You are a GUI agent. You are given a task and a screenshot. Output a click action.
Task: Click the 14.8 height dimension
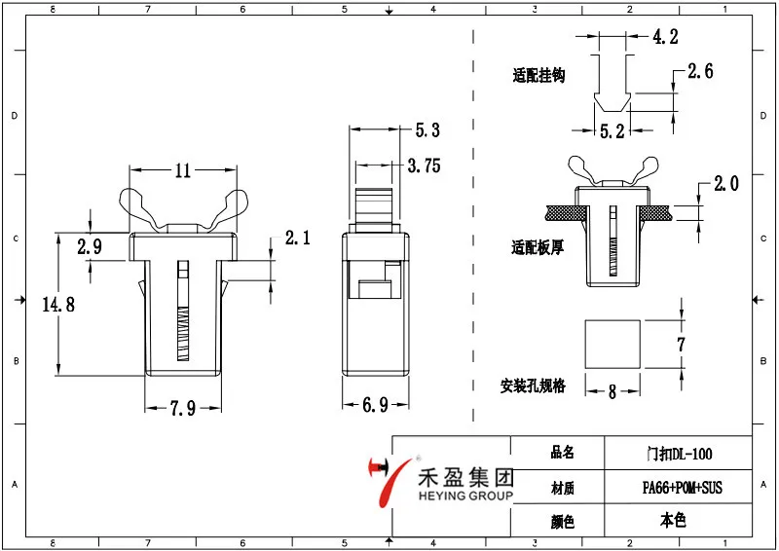(57, 305)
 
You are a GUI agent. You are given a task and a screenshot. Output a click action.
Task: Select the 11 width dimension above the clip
(182, 170)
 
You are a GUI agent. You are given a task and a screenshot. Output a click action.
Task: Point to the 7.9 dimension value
(181, 409)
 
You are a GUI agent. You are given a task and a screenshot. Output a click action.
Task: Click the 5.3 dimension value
(427, 129)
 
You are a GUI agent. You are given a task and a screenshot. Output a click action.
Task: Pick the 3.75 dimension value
(424, 166)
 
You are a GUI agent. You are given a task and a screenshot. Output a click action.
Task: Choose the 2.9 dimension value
(90, 246)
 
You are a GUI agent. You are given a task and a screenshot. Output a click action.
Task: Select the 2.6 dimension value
(700, 71)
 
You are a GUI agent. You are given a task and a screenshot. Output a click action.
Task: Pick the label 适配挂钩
(539, 75)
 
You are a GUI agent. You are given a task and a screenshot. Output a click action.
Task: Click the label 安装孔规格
(533, 386)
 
